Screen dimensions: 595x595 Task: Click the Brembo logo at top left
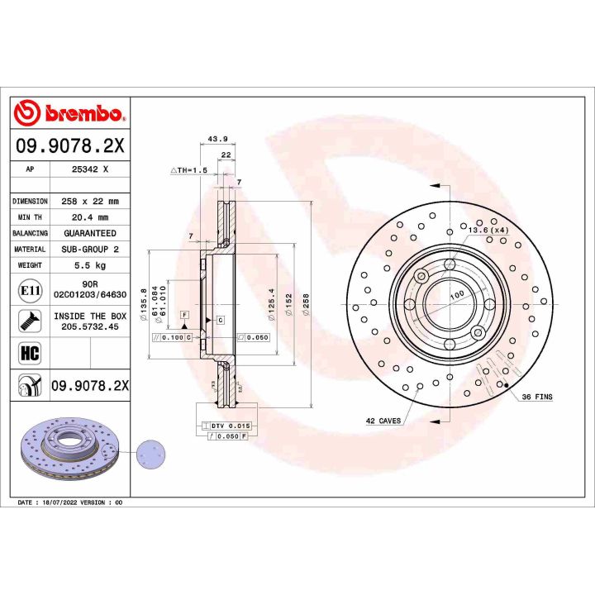(69, 113)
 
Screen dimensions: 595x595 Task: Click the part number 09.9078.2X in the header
(69, 146)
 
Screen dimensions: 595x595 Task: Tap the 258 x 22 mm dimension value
(90, 201)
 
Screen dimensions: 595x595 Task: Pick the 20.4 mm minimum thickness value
(90, 217)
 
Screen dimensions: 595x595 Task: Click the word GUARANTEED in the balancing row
(90, 233)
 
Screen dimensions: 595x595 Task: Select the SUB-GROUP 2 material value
(90, 249)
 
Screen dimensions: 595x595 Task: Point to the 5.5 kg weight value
(90, 265)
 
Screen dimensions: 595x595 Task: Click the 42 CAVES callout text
(383, 421)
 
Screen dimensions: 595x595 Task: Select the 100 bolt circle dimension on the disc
(456, 295)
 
